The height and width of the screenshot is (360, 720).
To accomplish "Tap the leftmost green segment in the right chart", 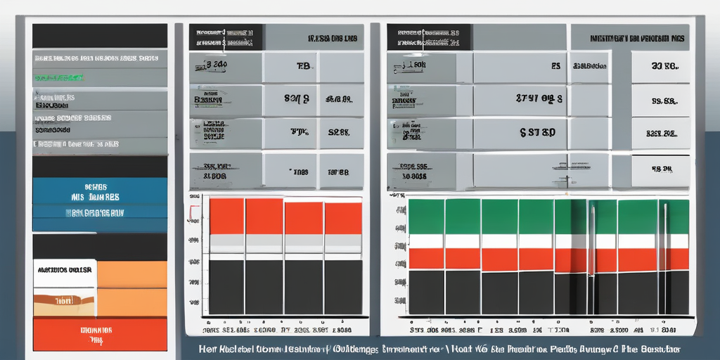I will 426,216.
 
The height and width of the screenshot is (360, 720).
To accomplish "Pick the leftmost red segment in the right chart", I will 426,258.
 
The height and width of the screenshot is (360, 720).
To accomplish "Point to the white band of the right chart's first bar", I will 426,241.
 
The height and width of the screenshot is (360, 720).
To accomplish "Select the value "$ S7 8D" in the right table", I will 538,132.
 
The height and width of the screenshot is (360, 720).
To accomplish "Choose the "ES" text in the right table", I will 555,67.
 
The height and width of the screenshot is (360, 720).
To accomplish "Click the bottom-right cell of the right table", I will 660,169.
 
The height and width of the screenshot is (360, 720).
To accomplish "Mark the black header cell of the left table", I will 226,37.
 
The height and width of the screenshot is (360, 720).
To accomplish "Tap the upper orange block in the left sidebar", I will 131,274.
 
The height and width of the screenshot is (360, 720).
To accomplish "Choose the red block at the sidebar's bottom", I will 100,334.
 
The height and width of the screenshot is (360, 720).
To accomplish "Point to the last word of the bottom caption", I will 664,349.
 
